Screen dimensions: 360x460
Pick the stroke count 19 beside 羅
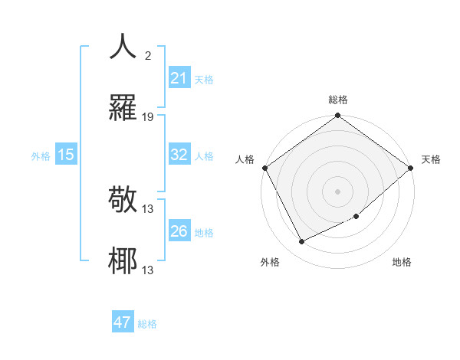point(148,117)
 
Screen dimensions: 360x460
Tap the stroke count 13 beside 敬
point(148,209)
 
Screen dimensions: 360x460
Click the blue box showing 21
point(179,78)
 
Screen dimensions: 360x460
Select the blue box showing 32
point(179,154)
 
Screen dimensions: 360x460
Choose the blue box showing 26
point(179,231)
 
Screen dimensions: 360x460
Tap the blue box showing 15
point(66,155)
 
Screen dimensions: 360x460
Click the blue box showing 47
point(123,322)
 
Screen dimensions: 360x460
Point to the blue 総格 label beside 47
point(147,324)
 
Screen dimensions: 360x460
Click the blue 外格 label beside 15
point(41,156)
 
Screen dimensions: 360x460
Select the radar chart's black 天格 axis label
point(431,159)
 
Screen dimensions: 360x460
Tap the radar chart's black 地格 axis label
point(402,262)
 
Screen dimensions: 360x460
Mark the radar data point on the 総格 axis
point(337,116)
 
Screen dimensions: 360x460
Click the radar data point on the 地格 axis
point(356,217)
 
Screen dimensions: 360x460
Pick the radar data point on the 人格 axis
point(265,168)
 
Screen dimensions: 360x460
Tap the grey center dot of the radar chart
point(337,191)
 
